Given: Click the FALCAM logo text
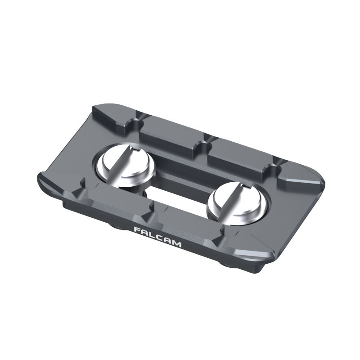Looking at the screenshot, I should point(157,237).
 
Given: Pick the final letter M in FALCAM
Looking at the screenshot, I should point(176,244).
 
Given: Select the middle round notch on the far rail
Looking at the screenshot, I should point(205,145).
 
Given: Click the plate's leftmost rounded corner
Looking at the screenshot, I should point(40,180).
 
